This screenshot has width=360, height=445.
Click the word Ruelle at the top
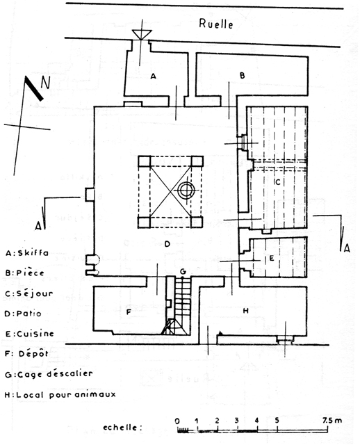(x=216, y=24)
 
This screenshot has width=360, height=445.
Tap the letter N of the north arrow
(x=45, y=83)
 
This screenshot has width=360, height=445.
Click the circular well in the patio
(x=186, y=190)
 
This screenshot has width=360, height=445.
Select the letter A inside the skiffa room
(x=153, y=76)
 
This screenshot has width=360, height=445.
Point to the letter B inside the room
(x=242, y=76)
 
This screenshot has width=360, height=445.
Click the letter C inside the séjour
(x=278, y=181)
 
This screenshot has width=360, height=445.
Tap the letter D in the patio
(x=167, y=243)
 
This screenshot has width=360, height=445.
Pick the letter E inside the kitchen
(x=272, y=258)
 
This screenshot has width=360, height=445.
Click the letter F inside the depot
(x=129, y=312)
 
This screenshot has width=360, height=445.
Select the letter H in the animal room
(x=245, y=311)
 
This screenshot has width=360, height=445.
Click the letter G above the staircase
(x=183, y=272)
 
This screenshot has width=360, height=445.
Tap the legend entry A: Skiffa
(x=27, y=253)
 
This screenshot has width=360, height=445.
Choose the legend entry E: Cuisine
(x=29, y=334)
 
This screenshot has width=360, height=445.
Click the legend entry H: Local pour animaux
(x=60, y=395)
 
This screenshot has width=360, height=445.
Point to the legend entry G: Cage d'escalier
(x=49, y=374)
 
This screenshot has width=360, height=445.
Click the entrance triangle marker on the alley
(x=142, y=34)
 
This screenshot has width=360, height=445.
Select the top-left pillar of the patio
(x=145, y=161)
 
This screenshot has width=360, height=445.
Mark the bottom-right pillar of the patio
(x=196, y=222)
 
